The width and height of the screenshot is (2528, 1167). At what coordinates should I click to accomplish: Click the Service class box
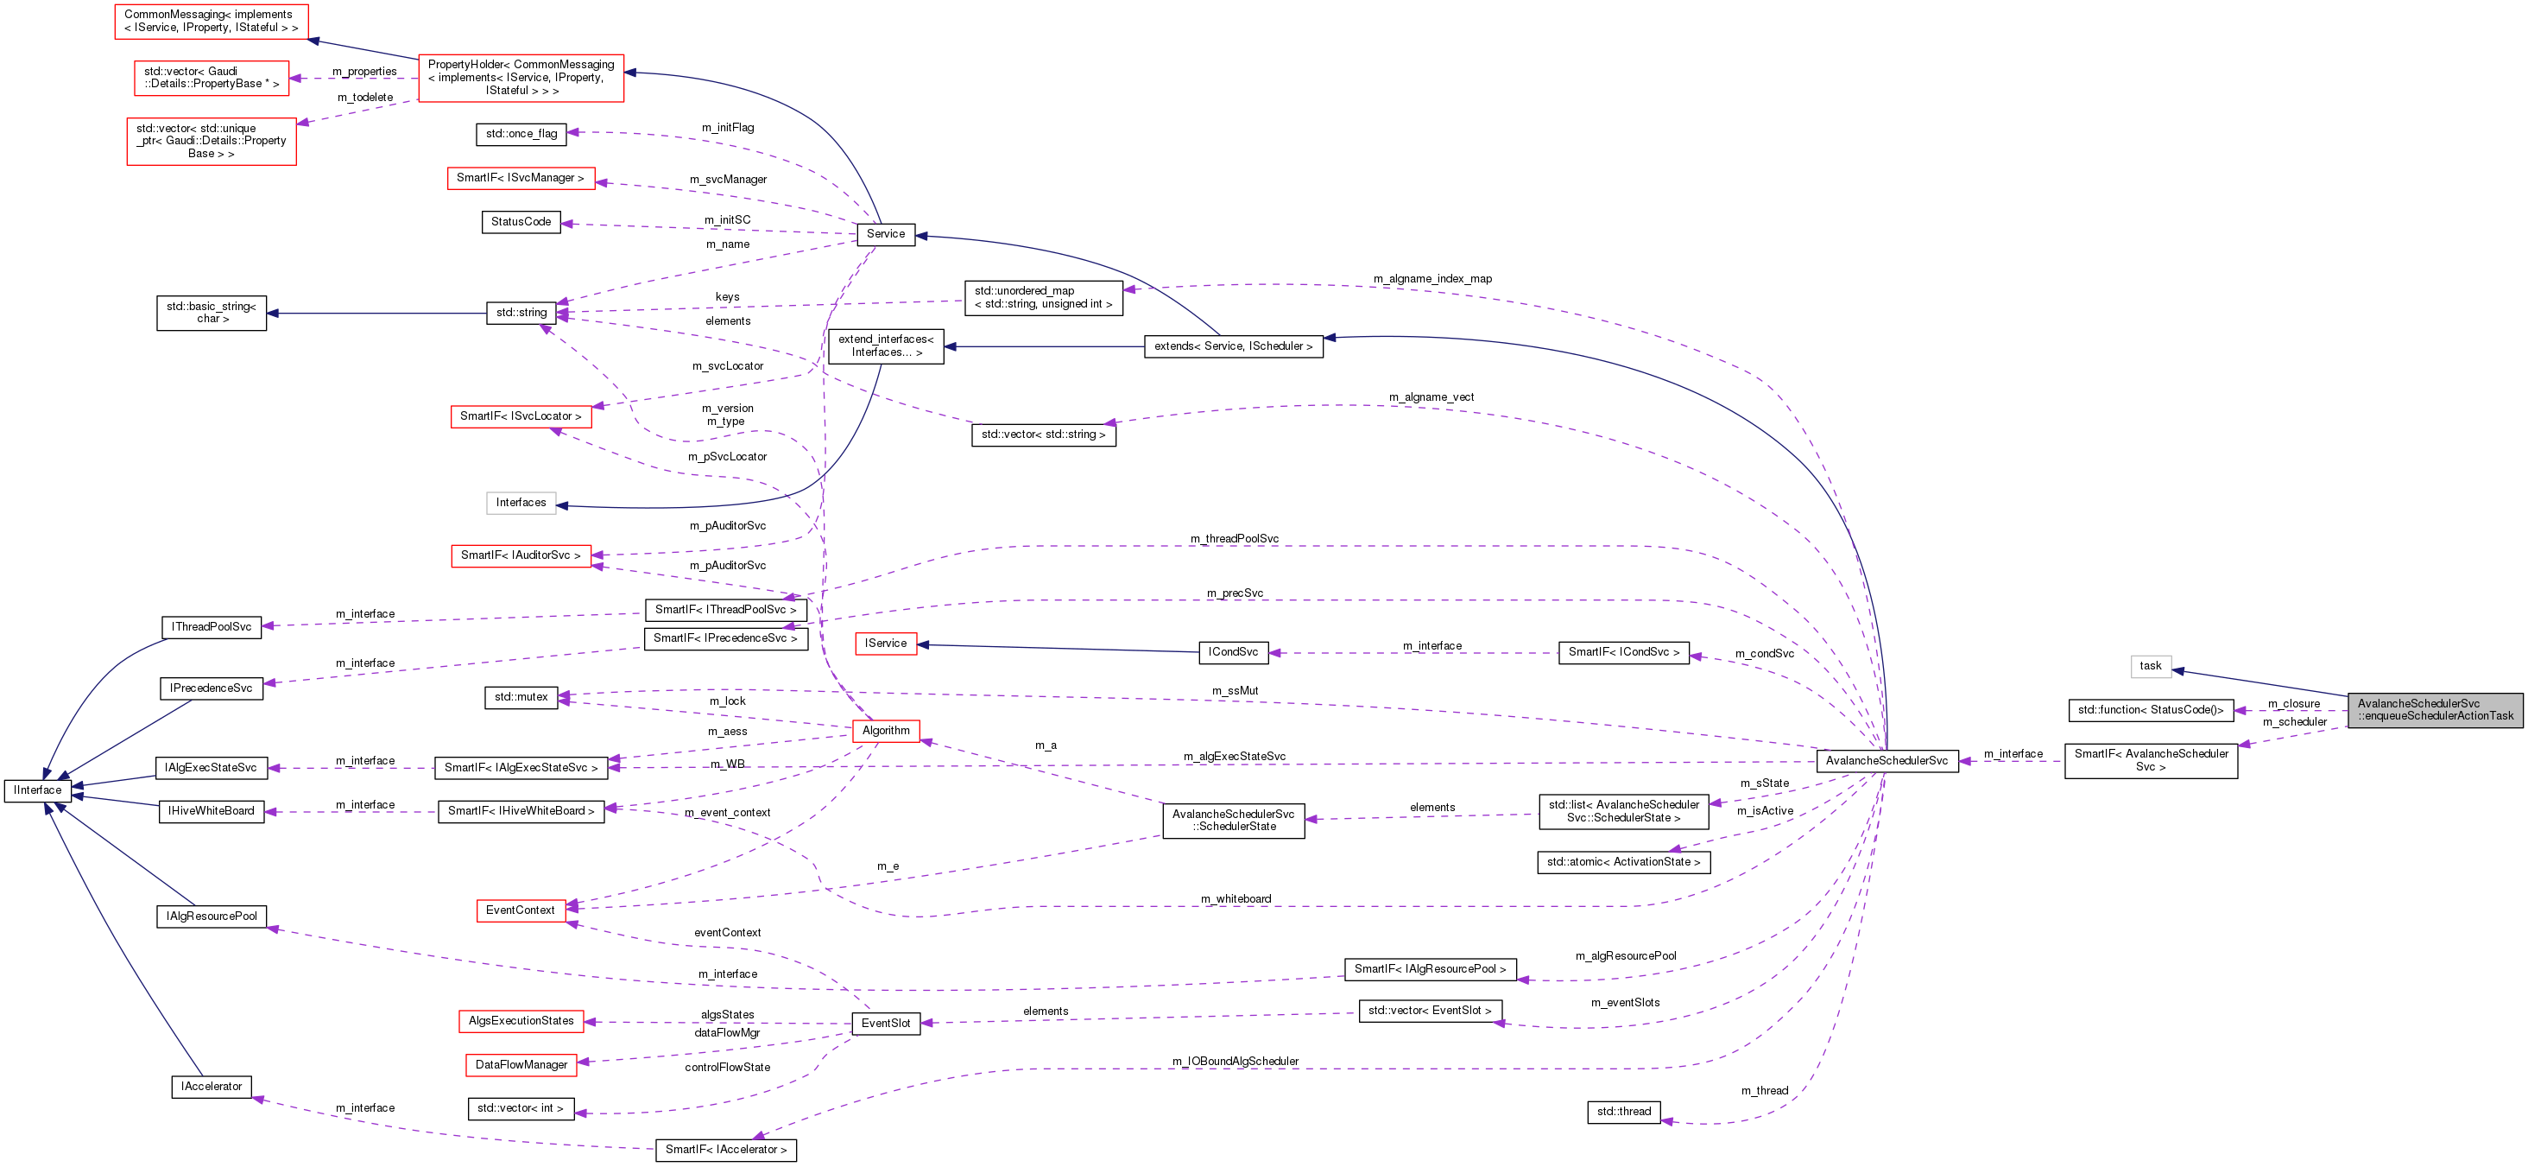click(885, 233)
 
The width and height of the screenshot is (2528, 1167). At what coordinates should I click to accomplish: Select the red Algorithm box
click(885, 730)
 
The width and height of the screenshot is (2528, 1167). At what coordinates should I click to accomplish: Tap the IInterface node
click(37, 790)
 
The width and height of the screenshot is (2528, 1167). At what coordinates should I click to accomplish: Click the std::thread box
click(1623, 1112)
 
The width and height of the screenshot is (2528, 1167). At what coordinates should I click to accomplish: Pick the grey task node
click(2150, 667)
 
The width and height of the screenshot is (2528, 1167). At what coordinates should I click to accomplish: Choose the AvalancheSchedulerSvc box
click(1887, 761)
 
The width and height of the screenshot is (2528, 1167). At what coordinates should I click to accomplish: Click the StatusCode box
click(520, 222)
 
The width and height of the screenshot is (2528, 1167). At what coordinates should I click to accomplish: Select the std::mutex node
click(520, 697)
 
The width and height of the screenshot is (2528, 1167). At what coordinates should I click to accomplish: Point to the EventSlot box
click(885, 1023)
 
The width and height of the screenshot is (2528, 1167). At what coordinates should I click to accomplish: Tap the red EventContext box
click(520, 910)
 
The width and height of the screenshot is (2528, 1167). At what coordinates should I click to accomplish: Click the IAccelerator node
click(211, 1087)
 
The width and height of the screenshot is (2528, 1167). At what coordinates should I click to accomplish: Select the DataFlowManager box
click(521, 1065)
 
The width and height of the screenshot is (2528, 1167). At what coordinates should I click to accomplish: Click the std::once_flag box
click(521, 134)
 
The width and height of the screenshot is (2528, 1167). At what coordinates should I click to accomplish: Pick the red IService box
click(885, 643)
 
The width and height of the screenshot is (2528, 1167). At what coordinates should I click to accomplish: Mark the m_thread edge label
click(1765, 1090)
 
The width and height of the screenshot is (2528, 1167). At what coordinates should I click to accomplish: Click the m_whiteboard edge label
click(1236, 899)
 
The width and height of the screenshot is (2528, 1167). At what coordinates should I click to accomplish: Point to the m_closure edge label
click(2293, 704)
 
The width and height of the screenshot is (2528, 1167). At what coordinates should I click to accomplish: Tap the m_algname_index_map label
click(1431, 279)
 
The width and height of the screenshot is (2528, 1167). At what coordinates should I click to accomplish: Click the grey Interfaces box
click(520, 503)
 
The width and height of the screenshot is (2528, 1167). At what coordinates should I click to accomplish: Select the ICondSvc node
click(1233, 651)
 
